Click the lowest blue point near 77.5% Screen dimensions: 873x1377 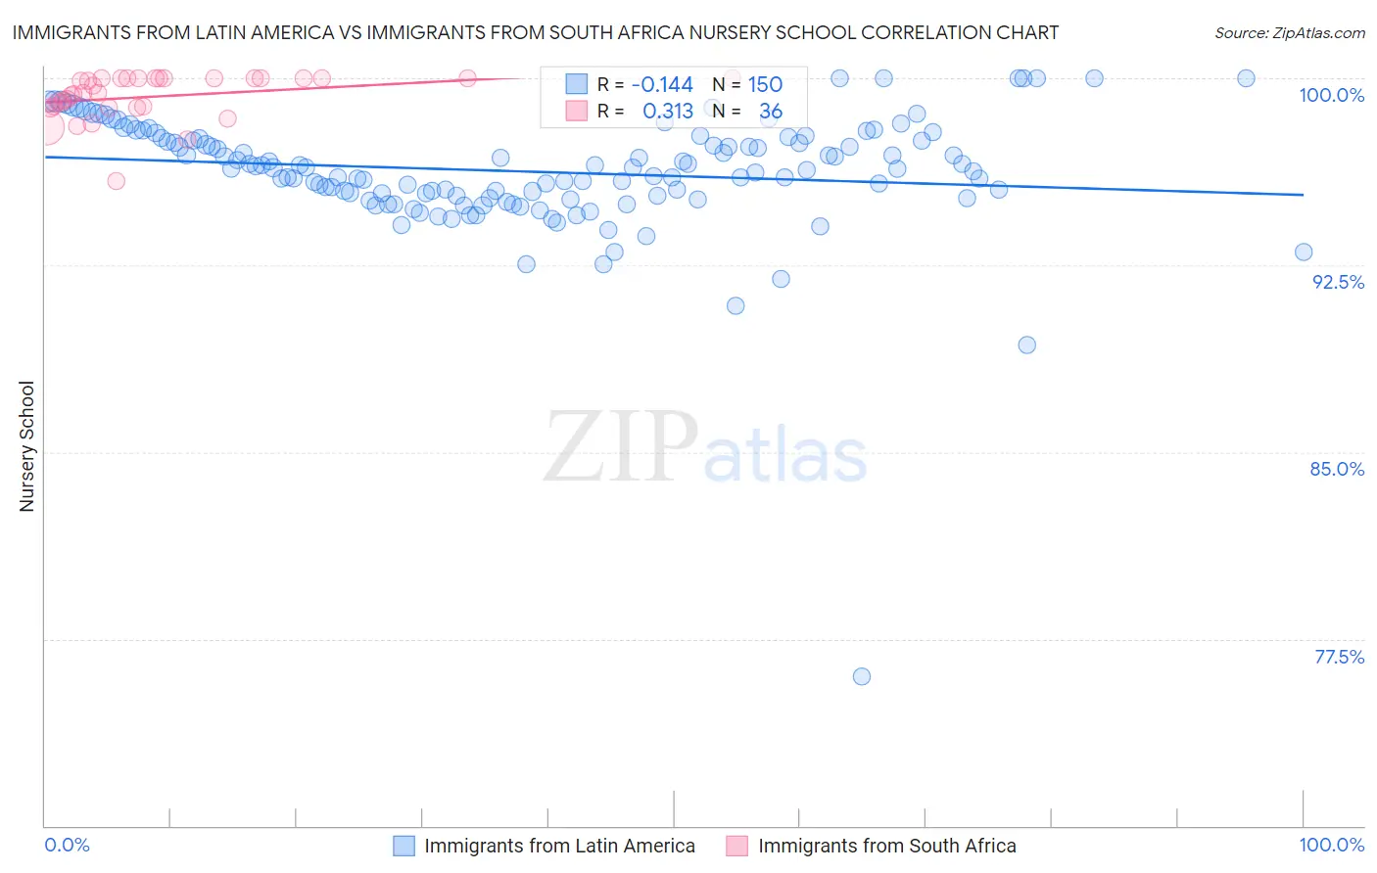pos(862,676)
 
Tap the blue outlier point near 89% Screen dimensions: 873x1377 pos(1026,345)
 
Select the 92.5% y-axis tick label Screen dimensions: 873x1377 pos(1338,282)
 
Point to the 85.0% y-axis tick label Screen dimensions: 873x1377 pos(1337,469)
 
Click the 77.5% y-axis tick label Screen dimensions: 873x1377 pos(1339,657)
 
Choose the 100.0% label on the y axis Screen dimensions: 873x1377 pos(1331,95)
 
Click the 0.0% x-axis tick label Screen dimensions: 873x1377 pos(68,845)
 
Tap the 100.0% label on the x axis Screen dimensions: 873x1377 pos(1331,845)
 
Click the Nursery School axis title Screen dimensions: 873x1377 pos(27,446)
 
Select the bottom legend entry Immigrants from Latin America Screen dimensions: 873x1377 pos(559,846)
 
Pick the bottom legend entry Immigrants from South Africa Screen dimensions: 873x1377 pos(886,846)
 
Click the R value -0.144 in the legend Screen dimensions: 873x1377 pos(662,84)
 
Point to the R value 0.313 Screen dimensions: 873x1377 pos(668,112)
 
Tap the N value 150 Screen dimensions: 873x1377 pos(765,84)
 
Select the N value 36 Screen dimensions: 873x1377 pos(771,112)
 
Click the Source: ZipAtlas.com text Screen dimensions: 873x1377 pos(1289,32)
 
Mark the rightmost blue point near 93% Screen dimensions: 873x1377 pos(1304,252)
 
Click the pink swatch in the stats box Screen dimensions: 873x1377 pos(576,112)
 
